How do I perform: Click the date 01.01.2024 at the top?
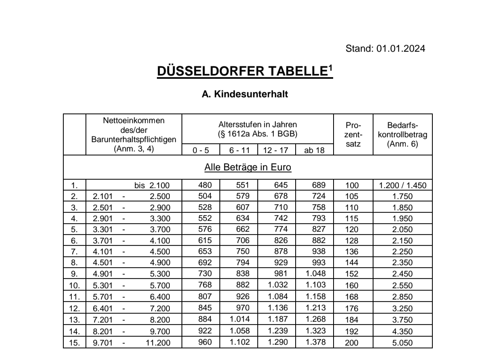click(401, 49)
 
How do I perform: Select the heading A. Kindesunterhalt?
click(245, 94)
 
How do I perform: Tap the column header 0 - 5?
click(200, 151)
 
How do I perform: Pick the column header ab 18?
click(315, 151)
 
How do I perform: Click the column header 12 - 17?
click(275, 151)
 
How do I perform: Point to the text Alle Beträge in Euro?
click(248, 167)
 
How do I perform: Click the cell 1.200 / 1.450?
click(403, 186)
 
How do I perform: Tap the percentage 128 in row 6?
click(352, 241)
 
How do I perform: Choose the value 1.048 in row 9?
click(315, 274)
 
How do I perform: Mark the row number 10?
click(75, 285)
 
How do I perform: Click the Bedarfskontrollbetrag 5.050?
click(403, 343)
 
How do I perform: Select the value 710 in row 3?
click(281, 208)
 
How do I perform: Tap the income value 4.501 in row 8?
click(101, 263)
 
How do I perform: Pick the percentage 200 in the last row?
click(352, 343)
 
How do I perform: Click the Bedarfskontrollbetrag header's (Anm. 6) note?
click(403, 143)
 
